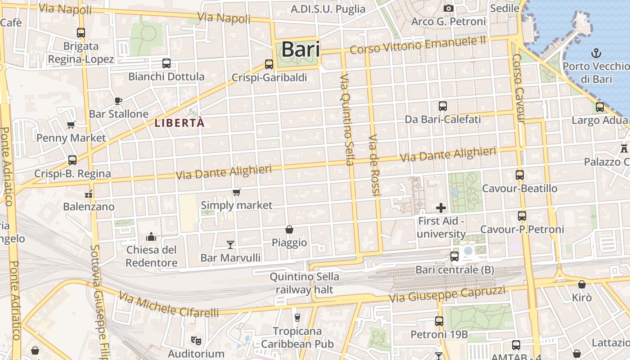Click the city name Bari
[x=301, y=49]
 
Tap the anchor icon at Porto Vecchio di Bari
[x=596, y=53]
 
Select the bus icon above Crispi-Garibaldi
[x=269, y=64]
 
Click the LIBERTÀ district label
[x=180, y=122]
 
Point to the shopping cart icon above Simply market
[x=237, y=192]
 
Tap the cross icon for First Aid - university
[x=441, y=207]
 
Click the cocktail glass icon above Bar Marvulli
[x=230, y=244]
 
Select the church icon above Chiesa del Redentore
[x=151, y=236]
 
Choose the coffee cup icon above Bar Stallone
[x=118, y=101]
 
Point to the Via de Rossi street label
[x=373, y=165]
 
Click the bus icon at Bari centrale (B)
[x=454, y=256]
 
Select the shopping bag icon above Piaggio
[x=289, y=229]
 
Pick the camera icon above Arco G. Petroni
[x=448, y=8]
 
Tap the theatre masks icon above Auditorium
[x=195, y=340]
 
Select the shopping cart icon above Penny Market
[x=71, y=125]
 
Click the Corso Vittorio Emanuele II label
[x=418, y=45]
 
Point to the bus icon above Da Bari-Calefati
[x=443, y=106]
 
